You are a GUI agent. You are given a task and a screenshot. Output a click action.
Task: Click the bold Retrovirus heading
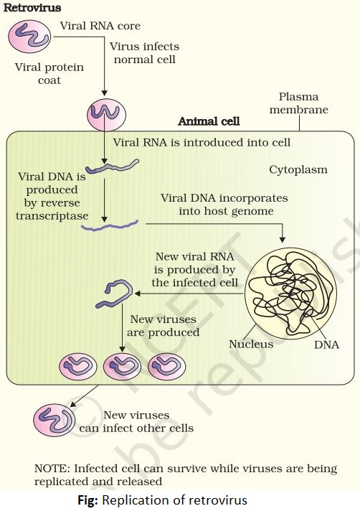tap(32, 8)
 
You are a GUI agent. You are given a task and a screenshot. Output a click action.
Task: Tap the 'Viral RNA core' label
tap(100, 26)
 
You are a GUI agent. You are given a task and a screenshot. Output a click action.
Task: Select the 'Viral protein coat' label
tap(49, 74)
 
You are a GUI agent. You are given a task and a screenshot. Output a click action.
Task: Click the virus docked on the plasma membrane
tap(106, 115)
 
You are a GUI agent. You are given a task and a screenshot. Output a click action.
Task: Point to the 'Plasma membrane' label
tap(298, 103)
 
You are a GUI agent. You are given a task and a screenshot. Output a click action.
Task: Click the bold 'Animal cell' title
tap(209, 121)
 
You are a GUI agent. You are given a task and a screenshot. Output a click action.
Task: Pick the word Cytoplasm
tap(298, 169)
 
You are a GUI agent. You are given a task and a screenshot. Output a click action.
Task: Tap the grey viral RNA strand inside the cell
tap(113, 166)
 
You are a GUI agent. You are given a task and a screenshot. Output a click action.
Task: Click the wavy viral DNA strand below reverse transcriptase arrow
tap(110, 225)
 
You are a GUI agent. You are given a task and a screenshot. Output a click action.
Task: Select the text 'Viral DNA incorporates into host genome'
tap(224, 205)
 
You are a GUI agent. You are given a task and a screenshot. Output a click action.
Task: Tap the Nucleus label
tap(251, 344)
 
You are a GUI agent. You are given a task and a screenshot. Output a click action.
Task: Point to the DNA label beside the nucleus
tap(326, 344)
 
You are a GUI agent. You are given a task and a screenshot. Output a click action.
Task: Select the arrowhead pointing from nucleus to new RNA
tap(138, 294)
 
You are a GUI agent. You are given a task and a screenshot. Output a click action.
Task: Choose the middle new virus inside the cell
tap(122, 366)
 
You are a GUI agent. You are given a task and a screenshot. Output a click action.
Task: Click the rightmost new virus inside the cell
tap(166, 366)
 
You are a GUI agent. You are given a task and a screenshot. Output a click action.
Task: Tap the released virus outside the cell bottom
tap(54, 420)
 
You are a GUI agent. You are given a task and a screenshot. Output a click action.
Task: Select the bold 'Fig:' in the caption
tap(87, 500)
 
